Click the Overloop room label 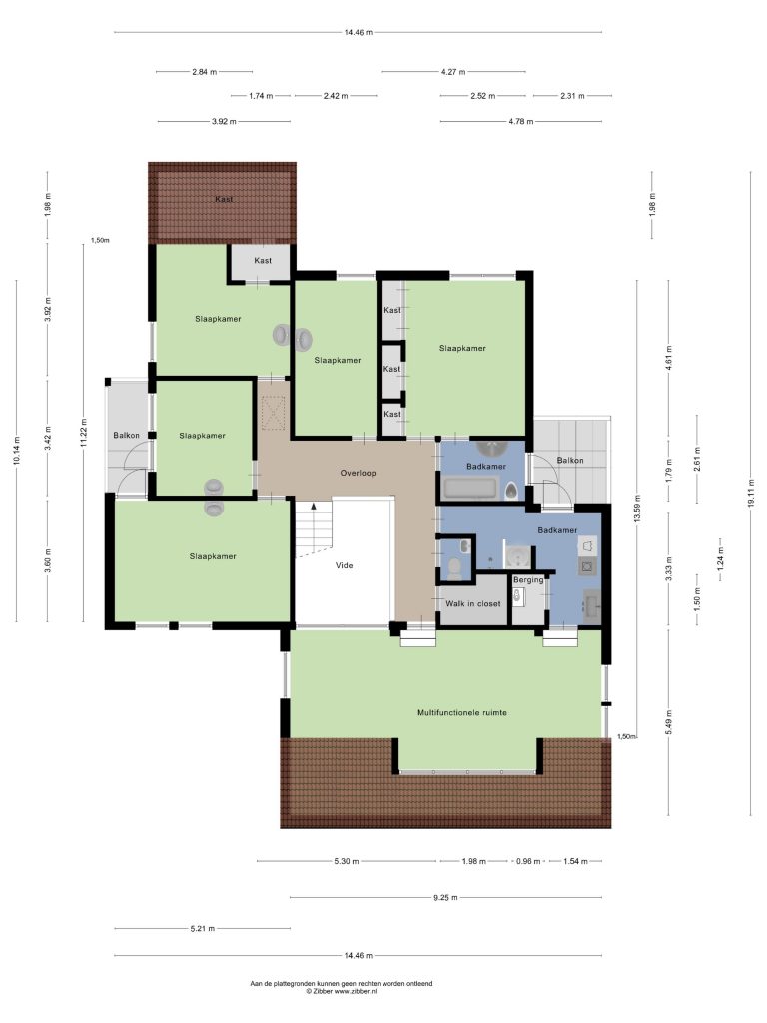[x=358, y=473]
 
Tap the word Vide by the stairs [x=344, y=565]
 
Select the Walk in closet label [x=472, y=604]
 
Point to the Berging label [x=527, y=580]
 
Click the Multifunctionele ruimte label [x=461, y=713]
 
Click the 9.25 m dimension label [x=445, y=898]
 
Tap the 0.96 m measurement [x=528, y=861]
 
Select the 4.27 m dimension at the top [x=453, y=72]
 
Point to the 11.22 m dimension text [x=83, y=432]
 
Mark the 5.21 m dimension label [x=202, y=928]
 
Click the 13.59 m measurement [x=637, y=509]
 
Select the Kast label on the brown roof [x=224, y=199]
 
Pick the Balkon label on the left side [x=126, y=436]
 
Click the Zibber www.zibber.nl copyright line [x=342, y=991]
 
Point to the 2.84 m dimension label [x=204, y=72]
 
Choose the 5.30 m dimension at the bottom [x=347, y=861]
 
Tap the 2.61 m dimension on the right [x=697, y=456]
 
